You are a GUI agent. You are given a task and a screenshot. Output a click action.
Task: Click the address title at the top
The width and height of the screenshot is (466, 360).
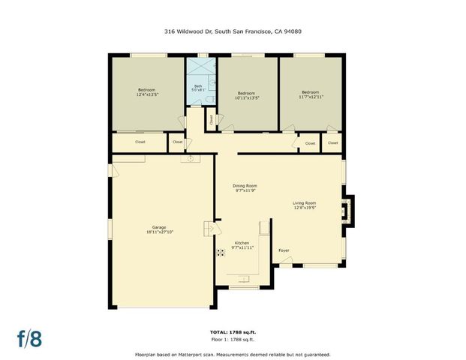(233, 31)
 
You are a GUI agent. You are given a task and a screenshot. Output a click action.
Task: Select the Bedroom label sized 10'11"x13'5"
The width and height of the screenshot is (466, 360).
(247, 94)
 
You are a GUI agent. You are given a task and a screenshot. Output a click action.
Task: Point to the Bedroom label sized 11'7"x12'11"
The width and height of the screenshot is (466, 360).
(310, 94)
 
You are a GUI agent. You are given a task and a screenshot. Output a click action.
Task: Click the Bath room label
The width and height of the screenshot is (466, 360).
(198, 88)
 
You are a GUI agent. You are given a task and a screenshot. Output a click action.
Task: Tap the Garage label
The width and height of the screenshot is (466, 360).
(158, 229)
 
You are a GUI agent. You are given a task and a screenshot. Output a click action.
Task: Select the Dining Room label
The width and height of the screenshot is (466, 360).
(245, 187)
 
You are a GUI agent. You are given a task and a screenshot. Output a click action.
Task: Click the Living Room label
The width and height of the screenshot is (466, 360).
(304, 205)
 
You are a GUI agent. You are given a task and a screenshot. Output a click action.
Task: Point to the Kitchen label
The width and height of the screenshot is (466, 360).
(242, 245)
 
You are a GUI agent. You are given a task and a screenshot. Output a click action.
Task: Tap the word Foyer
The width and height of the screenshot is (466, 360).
(284, 250)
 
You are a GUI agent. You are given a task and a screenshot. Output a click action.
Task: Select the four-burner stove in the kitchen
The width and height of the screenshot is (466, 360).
(221, 252)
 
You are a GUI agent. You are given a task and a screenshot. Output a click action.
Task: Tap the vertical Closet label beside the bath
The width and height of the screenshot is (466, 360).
(212, 118)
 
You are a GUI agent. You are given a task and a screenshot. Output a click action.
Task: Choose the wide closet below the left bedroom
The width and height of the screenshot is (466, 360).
(140, 142)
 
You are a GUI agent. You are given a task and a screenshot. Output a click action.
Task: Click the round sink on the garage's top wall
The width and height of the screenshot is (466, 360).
(191, 158)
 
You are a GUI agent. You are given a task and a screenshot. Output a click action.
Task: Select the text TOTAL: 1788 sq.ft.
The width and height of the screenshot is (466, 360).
(233, 331)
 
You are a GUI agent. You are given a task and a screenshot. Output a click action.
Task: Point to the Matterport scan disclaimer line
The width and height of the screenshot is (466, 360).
(233, 354)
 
